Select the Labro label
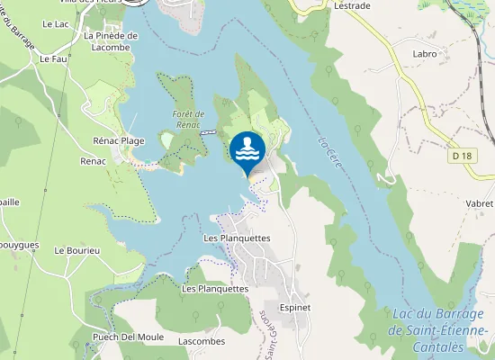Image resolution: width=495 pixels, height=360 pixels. tap(424, 53)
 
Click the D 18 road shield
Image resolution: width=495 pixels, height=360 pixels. tap(463, 156)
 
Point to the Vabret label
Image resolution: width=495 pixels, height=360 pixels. tap(480, 203)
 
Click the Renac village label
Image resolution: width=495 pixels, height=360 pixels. tap(93, 161)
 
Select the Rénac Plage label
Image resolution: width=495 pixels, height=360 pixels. tap(119, 141)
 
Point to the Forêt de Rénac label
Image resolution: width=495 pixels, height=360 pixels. tap(189, 119)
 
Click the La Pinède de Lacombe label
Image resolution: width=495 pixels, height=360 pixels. tap(111, 41)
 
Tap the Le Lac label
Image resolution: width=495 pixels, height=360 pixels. tap(55, 23)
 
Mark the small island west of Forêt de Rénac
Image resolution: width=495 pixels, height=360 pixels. tap(166, 139)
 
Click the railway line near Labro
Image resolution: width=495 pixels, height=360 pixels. tap(475, 54)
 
